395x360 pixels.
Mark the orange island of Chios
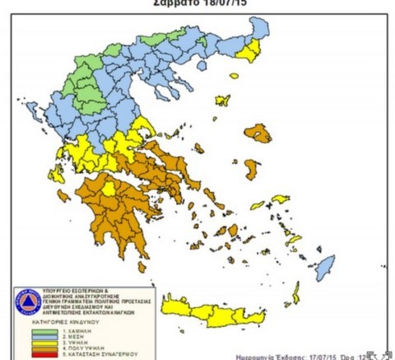point(250,170)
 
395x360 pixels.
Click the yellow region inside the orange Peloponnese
point(108,192)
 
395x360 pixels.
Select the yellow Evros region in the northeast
point(247,49)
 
